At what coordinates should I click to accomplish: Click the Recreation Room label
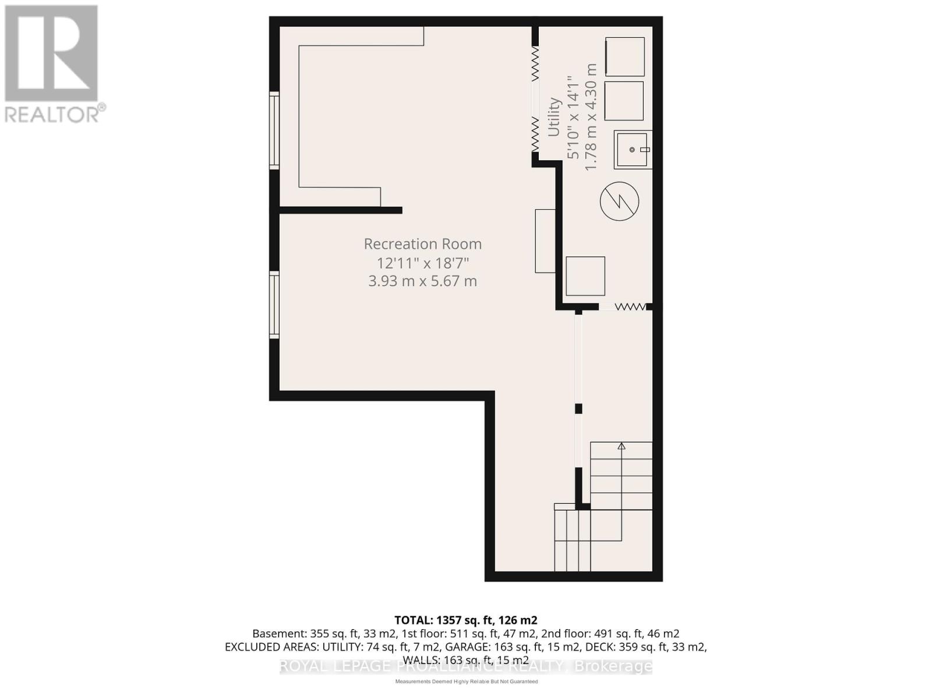423,243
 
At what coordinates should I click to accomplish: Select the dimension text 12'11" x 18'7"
423,263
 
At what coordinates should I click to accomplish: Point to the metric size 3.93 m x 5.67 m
423,281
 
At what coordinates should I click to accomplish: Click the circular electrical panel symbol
619,202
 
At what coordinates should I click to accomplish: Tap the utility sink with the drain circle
632,150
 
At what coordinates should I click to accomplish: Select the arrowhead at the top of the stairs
622,446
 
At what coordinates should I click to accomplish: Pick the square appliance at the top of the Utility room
625,57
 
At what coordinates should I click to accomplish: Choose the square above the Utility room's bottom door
585,276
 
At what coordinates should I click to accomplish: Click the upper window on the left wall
274,130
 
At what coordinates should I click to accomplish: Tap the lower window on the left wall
274,305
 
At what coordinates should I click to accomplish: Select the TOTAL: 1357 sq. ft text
465,620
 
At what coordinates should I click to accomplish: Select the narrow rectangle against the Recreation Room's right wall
545,241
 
